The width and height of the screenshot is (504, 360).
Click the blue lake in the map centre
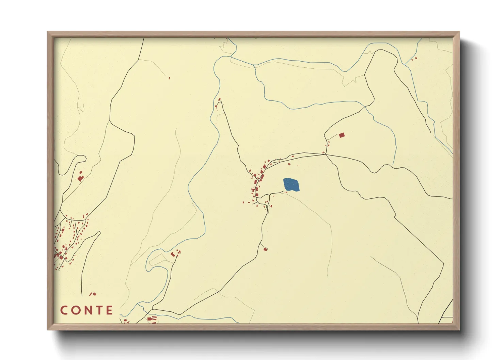(291, 185)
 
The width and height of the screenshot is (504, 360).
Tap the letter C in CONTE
(65, 310)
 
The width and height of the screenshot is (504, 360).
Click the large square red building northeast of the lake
(342, 135)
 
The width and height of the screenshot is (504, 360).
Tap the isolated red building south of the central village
(265, 249)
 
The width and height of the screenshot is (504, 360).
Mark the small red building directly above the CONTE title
(94, 294)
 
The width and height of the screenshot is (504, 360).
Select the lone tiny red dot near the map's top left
(169, 78)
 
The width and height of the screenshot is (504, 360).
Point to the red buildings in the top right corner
(414, 59)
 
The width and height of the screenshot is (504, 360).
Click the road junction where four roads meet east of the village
(326, 154)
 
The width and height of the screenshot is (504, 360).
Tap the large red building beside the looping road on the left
(80, 178)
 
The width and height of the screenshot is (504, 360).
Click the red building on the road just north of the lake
(289, 164)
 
